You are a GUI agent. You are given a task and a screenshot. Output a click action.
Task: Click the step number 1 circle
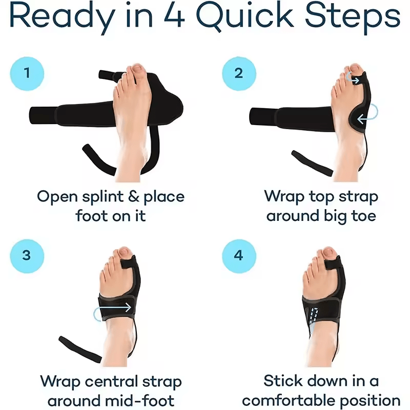tap(27, 72)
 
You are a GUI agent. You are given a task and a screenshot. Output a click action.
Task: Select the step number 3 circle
tap(27, 255)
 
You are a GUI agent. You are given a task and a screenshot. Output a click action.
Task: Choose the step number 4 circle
tap(239, 255)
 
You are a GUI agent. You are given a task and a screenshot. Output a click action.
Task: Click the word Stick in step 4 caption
tap(285, 381)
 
